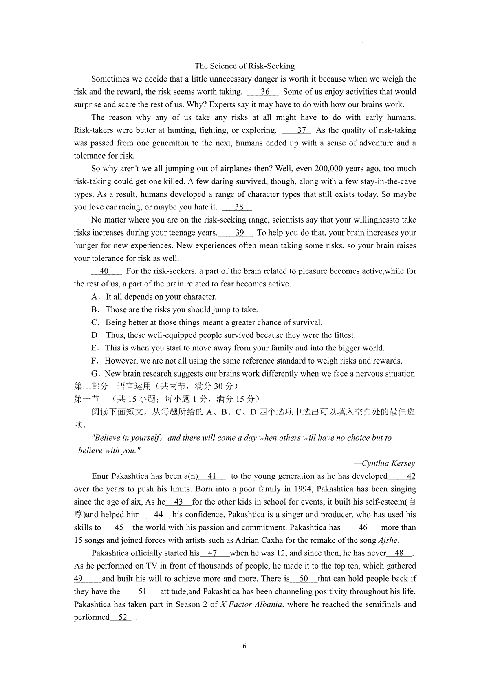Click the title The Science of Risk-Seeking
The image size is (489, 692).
[244, 66]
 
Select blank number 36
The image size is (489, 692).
[265, 92]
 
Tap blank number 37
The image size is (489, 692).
[301, 130]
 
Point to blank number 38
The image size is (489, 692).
[239, 207]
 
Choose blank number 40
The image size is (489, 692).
[104, 271]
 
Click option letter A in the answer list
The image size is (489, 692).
[96, 297]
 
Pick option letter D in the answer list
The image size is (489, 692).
[96, 335]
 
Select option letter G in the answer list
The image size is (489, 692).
[96, 374]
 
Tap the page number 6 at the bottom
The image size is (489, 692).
[244, 646]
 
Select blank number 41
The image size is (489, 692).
[212, 476]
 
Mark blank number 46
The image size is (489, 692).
[363, 527]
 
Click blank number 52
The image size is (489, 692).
[123, 617]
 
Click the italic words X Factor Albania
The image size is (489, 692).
[251, 604]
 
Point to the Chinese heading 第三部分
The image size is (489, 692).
[91, 386]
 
